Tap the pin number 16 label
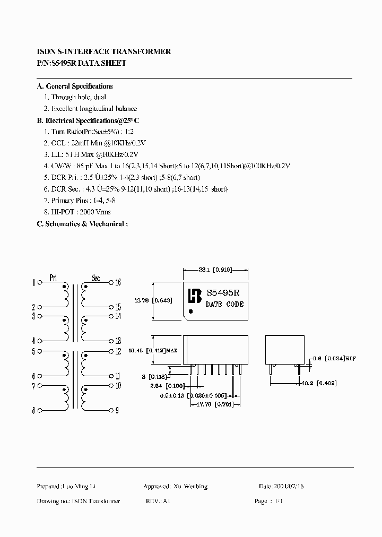118,282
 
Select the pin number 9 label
118,410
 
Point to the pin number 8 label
33,410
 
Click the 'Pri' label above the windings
53,278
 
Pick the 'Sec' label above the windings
95,278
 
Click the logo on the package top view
196,295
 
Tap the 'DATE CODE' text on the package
224,304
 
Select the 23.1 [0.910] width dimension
215,270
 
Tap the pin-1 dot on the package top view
191,311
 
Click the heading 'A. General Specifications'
74,86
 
